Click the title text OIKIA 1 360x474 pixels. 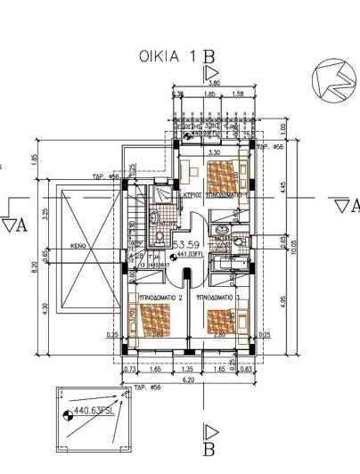pos(170,57)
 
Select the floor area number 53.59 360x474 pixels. pos(186,243)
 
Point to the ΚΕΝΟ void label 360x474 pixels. pos(78,242)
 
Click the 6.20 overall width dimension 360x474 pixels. pos(189,380)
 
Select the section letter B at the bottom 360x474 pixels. pos(211,454)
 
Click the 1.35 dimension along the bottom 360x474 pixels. pos(188,368)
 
